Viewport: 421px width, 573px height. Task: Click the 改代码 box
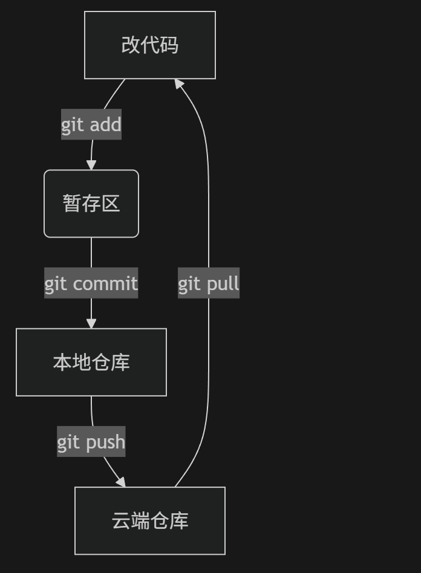point(150,45)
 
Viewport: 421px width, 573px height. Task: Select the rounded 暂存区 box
point(91,204)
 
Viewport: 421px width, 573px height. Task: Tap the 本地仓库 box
point(91,362)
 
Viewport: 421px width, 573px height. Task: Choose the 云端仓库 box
point(150,520)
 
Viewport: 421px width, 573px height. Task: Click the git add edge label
point(91,125)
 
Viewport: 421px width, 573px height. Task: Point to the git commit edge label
point(91,283)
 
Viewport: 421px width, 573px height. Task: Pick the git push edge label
point(91,441)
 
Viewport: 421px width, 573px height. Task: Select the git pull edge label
point(209,283)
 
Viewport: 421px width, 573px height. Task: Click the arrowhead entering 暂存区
point(91,164)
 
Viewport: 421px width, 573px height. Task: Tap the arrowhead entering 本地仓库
point(91,323)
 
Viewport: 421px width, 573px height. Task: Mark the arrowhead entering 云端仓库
point(121,482)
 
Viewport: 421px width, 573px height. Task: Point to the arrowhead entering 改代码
point(179,84)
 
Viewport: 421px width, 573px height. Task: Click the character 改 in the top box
point(131,45)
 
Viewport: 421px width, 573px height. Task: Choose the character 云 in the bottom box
point(121,520)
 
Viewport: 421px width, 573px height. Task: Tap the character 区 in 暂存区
point(111,204)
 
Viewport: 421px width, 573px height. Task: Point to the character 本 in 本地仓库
point(62,362)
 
